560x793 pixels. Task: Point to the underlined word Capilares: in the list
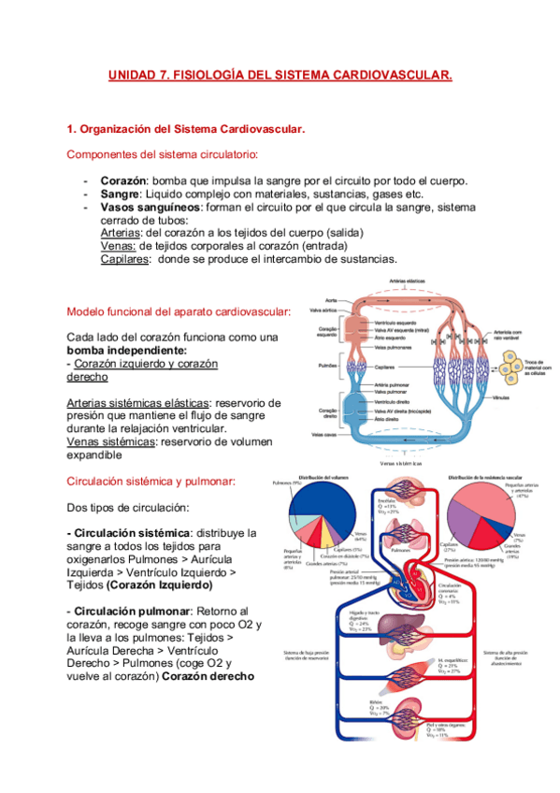pyautogui.click(x=125, y=259)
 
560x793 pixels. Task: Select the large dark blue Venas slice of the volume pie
pyautogui.click(x=334, y=514)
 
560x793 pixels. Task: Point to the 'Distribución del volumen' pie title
pyautogui.click(x=323, y=478)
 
